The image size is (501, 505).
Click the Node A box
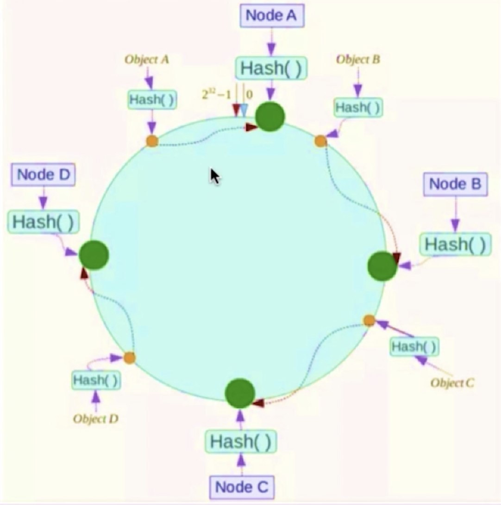(x=271, y=15)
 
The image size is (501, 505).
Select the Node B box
(x=455, y=184)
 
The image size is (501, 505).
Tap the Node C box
(x=242, y=487)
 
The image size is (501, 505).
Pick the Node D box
(x=44, y=174)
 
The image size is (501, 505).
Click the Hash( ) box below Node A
(x=271, y=68)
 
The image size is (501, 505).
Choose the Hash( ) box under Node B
(x=455, y=244)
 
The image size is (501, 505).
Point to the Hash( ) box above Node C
(x=240, y=441)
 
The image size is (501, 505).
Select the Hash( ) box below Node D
(x=43, y=222)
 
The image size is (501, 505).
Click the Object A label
(x=146, y=59)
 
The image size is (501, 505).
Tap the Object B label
(x=358, y=59)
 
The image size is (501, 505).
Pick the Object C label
(x=452, y=383)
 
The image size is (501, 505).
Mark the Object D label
(x=96, y=419)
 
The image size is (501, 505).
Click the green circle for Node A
(x=270, y=117)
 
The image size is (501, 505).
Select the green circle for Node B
(x=382, y=266)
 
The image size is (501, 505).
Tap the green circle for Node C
(x=240, y=393)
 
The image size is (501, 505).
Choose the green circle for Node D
(x=94, y=255)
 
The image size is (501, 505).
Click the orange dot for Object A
(x=152, y=141)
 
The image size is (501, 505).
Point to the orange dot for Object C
(x=369, y=320)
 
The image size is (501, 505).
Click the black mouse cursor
(x=214, y=176)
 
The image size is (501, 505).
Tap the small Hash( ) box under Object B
(x=358, y=108)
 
